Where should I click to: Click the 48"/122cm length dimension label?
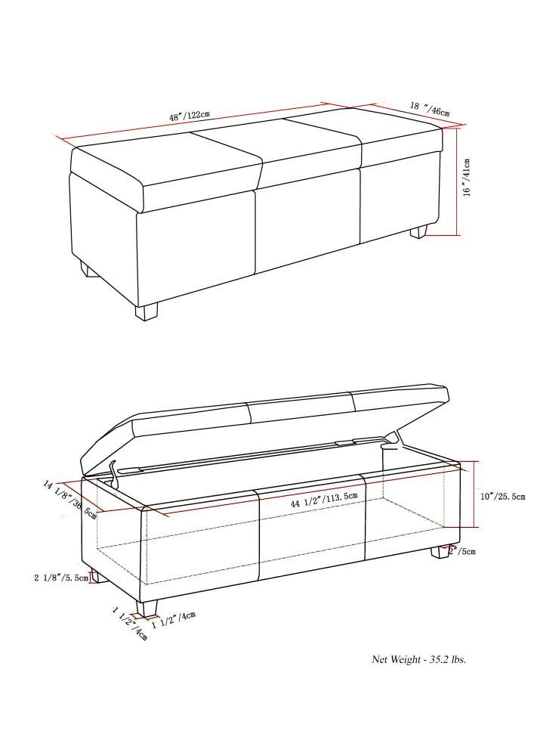point(189,117)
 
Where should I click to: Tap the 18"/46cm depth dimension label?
point(430,110)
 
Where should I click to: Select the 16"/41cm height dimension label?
point(468,178)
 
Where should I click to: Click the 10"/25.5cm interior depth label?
point(502,497)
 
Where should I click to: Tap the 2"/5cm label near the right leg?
point(462,551)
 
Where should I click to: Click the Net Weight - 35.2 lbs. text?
point(418,659)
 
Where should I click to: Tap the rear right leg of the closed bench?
point(418,231)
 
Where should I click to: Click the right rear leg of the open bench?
point(439,553)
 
